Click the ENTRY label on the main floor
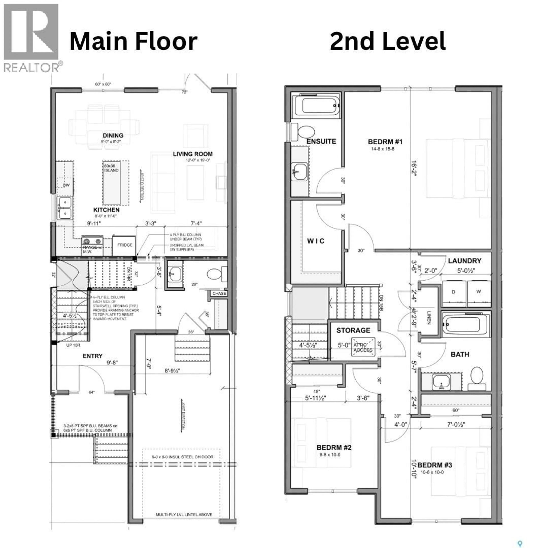(92, 356)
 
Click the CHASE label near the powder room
(219, 294)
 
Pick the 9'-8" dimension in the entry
(112, 362)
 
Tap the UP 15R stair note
(73, 345)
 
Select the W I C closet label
(315, 241)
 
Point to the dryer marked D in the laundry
(453, 292)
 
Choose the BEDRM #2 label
(334, 448)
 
